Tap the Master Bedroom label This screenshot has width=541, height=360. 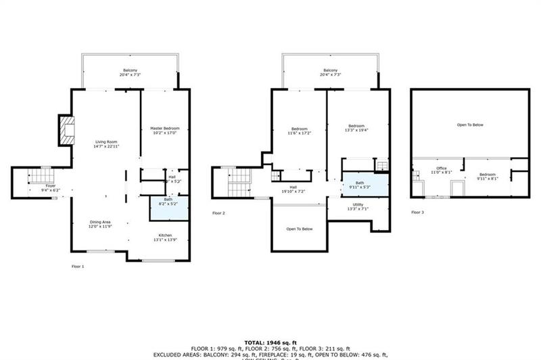coord(164,128)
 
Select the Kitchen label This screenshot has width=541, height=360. coord(166,235)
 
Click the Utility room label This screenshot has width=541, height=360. coord(358,204)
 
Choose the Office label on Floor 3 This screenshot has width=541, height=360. coord(442,168)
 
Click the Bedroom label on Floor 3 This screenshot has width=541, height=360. coord(488,175)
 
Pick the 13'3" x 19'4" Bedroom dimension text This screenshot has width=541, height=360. coord(356,131)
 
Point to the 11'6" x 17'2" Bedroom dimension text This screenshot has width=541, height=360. coord(300,133)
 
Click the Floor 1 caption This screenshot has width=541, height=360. coord(78,267)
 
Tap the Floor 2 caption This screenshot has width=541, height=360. coord(218,212)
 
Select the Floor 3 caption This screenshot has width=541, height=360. coord(417,212)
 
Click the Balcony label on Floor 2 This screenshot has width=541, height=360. coord(330,70)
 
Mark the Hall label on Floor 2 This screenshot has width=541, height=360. coord(293,187)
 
